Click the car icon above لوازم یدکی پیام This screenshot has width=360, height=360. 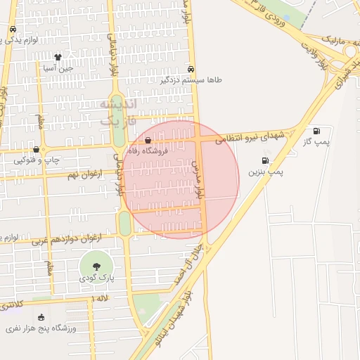coord(13,30)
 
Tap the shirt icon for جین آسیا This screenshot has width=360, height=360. coord(58,57)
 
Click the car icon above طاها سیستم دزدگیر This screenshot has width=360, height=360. coord(191,69)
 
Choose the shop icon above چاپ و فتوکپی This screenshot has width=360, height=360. coord(36,150)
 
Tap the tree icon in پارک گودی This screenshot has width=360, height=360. coord(96,266)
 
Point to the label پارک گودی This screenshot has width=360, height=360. coord(96,279)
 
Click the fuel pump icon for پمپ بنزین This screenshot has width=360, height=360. coord(264,160)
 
